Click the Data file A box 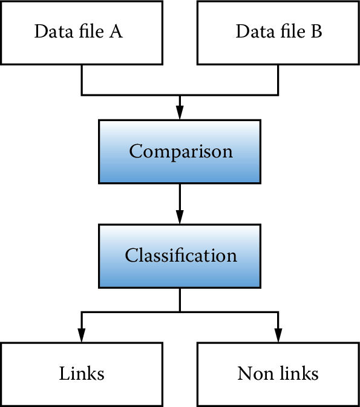(x=82, y=32)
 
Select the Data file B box (x=278, y=32)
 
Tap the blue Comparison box (x=180, y=151)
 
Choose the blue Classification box (x=180, y=256)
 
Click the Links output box (x=82, y=374)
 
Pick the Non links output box (x=278, y=374)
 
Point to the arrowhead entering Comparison (x=180, y=113)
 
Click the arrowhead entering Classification (x=180, y=217)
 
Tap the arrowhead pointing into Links (x=82, y=335)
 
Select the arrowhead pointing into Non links (x=278, y=335)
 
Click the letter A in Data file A (x=116, y=32)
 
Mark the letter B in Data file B (x=316, y=32)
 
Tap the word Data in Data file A (x=50, y=32)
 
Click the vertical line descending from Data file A (x=82, y=79)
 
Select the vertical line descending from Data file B (x=278, y=79)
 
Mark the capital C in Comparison (x=136, y=151)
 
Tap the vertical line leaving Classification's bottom (x=180, y=300)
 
